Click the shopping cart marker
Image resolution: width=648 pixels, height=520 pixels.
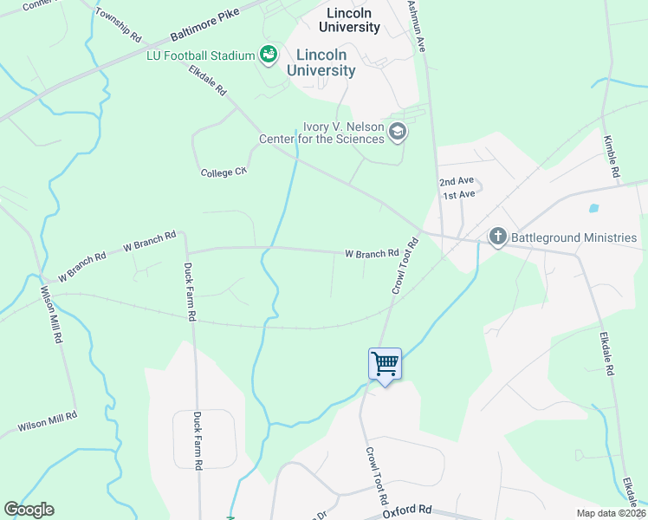click(385, 363)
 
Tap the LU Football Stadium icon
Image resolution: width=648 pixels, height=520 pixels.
click(269, 55)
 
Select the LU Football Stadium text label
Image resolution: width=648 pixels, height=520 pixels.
click(200, 55)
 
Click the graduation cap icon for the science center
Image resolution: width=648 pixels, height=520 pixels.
click(398, 132)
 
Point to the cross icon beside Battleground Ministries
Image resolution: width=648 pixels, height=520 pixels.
click(497, 237)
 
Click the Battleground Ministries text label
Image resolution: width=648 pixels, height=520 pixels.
click(574, 237)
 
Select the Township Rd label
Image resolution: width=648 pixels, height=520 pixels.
click(118, 26)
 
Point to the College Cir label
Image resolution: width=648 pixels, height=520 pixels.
click(224, 172)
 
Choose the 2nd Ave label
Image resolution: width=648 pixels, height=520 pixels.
click(457, 181)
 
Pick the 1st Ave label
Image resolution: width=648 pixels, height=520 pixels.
click(459, 195)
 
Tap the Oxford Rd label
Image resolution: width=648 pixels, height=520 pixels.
click(407, 512)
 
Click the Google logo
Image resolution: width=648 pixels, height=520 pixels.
click(29, 510)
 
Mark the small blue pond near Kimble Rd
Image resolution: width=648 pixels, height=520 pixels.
click(593, 208)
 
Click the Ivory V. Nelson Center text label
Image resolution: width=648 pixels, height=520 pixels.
click(321, 133)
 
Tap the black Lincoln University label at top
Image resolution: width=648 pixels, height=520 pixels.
click(353, 20)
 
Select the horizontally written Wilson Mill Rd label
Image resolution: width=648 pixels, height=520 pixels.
click(48, 422)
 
